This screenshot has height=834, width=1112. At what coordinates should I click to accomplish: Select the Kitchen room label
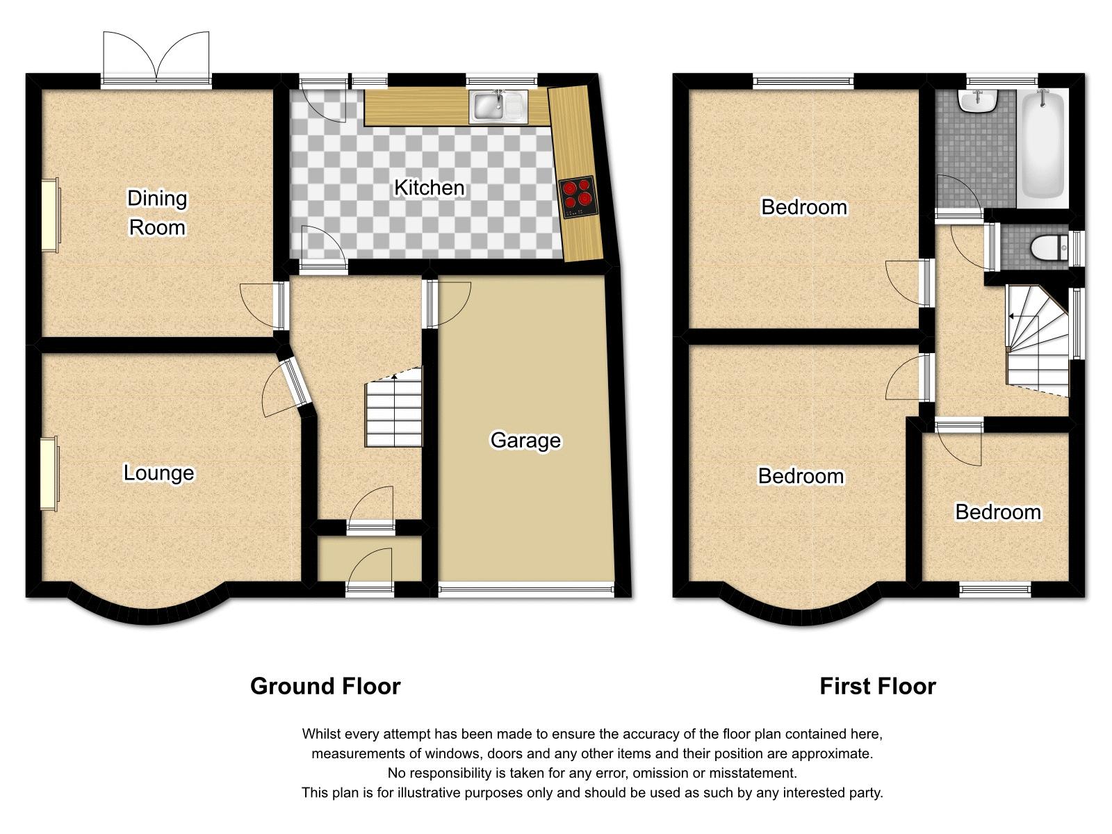429,188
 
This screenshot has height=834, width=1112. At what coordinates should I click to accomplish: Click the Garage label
525,440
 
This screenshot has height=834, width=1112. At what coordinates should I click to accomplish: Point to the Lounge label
158,473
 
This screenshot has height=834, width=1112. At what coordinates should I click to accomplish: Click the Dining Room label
157,213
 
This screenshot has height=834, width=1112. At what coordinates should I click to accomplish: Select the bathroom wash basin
979,101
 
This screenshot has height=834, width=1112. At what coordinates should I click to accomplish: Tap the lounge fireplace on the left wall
49,473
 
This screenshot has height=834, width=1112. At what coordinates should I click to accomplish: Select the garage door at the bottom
526,591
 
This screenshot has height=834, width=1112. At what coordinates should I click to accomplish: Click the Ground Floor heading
325,686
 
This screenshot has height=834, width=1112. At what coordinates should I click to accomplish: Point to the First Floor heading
877,686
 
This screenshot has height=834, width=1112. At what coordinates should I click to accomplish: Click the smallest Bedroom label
998,512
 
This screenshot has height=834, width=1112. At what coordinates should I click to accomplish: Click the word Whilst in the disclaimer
320,734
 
